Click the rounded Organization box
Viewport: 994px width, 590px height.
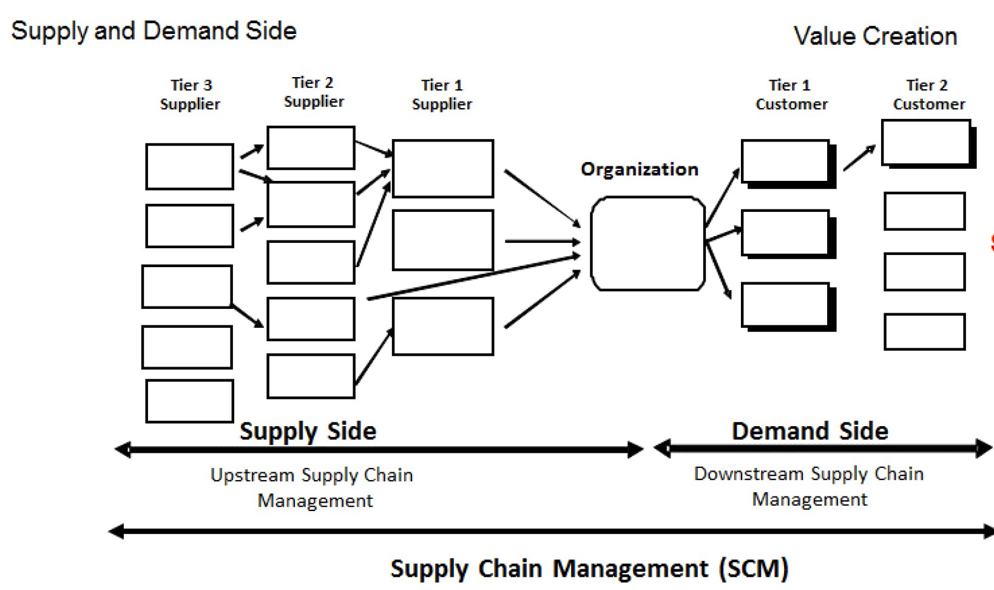click(647, 243)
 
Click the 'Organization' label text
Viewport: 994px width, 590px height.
click(640, 169)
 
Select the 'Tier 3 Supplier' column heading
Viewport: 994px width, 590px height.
click(191, 95)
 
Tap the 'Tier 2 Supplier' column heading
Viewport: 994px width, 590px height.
click(313, 92)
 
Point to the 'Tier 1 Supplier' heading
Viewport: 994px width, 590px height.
click(442, 95)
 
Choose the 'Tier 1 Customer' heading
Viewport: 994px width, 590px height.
click(791, 95)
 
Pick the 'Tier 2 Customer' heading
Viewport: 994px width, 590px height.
click(928, 95)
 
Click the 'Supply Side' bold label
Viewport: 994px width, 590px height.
click(308, 432)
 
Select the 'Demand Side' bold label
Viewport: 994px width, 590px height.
click(810, 432)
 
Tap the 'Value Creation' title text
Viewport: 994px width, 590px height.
click(875, 36)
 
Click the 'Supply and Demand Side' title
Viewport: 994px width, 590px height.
click(154, 31)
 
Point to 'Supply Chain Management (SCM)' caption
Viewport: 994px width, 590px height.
click(589, 569)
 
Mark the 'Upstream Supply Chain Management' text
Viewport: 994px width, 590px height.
click(312, 487)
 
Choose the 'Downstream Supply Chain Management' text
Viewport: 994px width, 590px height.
click(809, 486)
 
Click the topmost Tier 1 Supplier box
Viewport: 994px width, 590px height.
click(443, 169)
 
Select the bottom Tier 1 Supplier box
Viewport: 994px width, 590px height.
click(443, 326)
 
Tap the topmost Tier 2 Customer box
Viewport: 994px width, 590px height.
click(926, 143)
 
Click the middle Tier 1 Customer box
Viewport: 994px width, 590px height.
click(785, 232)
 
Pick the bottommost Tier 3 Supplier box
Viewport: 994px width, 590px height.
click(189, 401)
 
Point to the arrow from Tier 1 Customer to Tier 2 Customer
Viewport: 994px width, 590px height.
click(859, 158)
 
